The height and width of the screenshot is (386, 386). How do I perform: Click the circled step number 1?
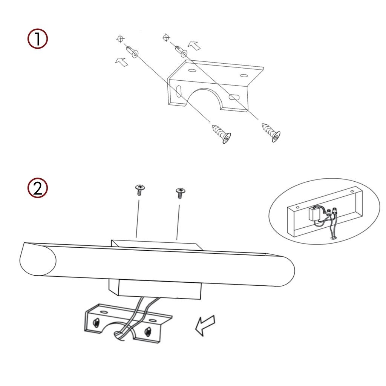point(37,39)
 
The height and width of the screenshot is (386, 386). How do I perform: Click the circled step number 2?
point(37,188)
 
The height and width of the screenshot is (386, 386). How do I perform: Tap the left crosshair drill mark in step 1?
point(120,39)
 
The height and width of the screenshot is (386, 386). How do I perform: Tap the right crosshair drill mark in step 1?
point(166,38)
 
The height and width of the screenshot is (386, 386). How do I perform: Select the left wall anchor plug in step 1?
point(132,51)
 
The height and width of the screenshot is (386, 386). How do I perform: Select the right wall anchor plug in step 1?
point(181,51)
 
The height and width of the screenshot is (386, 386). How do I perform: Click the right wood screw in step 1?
point(271,132)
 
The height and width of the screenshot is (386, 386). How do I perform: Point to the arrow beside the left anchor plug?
point(122,61)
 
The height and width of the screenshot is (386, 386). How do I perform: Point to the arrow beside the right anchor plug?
point(194,46)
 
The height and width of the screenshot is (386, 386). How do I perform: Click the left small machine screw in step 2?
point(140,190)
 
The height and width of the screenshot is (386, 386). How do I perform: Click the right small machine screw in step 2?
point(180,193)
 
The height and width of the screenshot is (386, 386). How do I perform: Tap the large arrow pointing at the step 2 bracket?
point(205,325)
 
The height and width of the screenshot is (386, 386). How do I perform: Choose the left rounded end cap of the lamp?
point(38,259)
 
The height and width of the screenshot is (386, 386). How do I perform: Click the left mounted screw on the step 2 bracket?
point(96,322)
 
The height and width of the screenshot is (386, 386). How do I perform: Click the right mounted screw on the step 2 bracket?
point(148,331)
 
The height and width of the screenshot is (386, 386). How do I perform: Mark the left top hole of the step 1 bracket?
point(192,70)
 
